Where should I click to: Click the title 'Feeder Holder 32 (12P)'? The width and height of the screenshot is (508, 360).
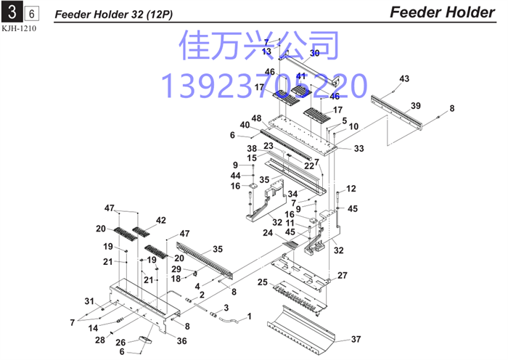114,15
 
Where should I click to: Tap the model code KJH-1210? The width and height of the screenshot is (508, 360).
19,28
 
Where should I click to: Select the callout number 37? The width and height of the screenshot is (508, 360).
356,339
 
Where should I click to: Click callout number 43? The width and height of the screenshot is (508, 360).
404,78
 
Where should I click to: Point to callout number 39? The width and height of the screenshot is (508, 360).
416,106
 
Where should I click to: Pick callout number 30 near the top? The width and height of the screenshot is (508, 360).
314,53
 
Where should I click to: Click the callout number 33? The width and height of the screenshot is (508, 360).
359,148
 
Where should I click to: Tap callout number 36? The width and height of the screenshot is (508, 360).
181,341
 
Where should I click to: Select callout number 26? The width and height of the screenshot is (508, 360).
120,343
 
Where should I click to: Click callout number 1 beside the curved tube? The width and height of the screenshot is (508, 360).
249,316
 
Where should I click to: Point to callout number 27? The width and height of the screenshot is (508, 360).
343,275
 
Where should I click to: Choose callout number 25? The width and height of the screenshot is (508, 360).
263,282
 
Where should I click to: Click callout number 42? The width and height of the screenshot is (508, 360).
161,221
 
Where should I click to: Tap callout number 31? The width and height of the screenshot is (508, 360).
89,301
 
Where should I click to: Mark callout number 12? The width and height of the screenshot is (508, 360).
351,189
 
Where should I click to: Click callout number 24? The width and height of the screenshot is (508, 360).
268,233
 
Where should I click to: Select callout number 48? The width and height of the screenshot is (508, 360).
256,118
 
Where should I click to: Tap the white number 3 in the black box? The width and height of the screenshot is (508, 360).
12,12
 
